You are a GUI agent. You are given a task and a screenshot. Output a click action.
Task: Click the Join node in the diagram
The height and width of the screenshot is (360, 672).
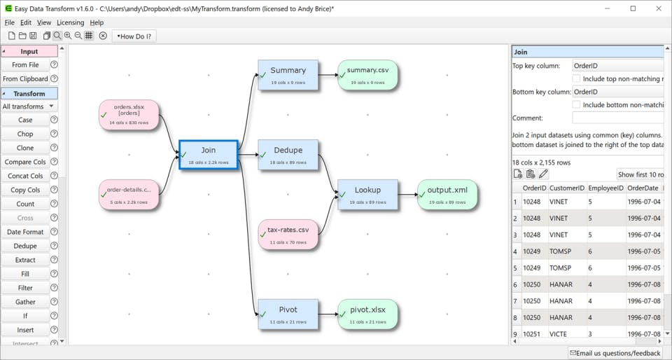209,155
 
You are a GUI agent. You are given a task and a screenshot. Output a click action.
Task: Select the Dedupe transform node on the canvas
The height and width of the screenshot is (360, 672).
288,155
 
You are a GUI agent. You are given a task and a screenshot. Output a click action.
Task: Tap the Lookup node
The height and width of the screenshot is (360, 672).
368,195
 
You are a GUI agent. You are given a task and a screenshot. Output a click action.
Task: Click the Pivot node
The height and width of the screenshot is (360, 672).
288,314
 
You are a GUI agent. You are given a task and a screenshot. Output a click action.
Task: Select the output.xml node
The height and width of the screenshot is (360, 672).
447,195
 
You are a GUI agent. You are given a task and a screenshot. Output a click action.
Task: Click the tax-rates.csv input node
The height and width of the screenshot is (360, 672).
288,235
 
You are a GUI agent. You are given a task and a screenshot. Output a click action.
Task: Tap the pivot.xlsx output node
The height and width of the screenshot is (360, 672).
368,314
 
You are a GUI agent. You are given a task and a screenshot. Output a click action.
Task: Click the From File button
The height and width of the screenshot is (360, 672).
25,64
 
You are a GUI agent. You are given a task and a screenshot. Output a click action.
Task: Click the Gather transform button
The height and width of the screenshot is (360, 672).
25,302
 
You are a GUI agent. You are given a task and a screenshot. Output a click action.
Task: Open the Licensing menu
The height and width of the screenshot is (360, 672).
70,22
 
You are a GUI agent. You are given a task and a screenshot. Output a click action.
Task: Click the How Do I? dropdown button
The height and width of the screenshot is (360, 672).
134,36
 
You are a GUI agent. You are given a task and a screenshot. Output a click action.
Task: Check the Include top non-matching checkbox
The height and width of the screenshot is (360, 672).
577,79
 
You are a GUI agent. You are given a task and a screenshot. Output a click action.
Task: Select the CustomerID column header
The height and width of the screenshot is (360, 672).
567,188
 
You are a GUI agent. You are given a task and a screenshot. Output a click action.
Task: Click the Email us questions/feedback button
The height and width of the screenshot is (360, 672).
615,353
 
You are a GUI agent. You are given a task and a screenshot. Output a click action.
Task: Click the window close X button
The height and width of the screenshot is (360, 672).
658,8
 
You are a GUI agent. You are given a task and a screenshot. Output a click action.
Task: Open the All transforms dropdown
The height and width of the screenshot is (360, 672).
29,106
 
